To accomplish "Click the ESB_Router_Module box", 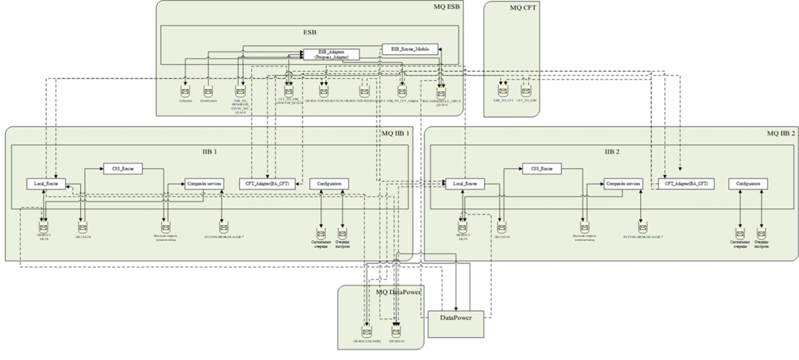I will point(410,49).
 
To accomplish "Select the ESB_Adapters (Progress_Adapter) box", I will point(331,54).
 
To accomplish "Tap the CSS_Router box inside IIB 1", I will point(122,168).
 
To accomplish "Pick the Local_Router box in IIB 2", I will point(465,184).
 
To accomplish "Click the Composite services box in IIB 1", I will point(204,184).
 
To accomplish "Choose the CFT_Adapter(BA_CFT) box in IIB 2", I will point(686,184).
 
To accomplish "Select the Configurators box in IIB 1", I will point(329,184).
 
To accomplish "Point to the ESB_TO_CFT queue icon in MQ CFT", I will point(502,91).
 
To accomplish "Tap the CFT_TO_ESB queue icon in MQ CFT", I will point(525,91).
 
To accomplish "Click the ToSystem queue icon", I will point(185,92).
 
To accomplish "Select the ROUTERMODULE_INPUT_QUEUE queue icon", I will point(441,93).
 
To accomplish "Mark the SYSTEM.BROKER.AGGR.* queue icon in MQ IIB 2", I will point(642,227).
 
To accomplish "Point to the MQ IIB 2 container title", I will point(781,133).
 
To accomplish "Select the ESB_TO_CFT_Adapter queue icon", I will point(403,92).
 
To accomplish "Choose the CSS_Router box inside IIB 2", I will point(541,168).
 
